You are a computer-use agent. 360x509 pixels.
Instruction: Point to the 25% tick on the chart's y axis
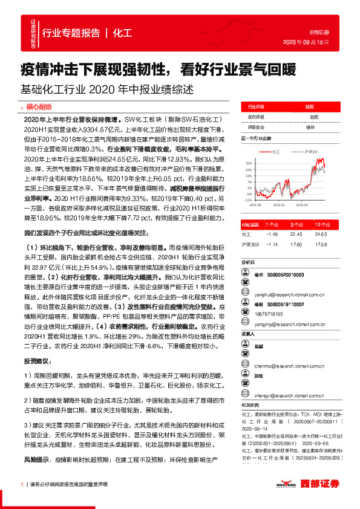coord(249,163)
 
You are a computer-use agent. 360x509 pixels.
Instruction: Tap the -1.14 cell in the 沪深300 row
coord(272,244)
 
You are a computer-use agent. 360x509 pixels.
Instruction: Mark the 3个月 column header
coord(296,224)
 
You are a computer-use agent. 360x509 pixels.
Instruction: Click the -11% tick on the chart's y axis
coord(249,199)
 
